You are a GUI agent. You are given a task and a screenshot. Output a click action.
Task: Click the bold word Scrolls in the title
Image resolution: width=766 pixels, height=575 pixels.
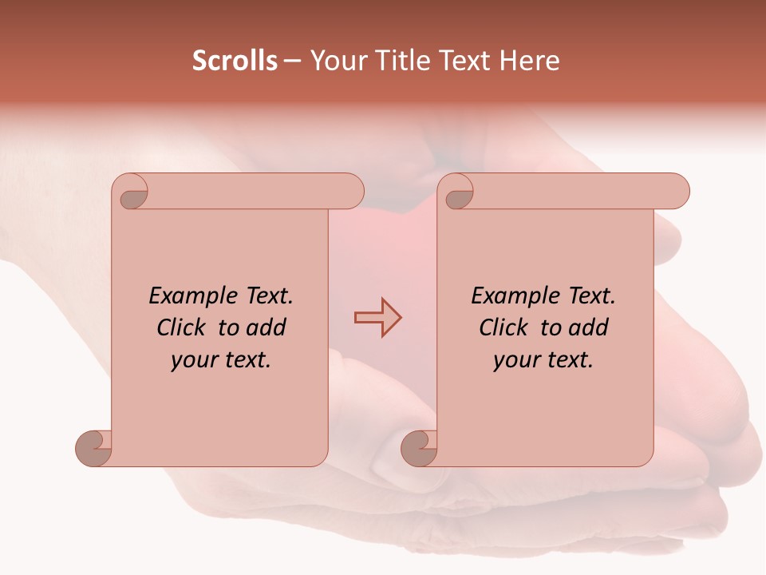(235, 61)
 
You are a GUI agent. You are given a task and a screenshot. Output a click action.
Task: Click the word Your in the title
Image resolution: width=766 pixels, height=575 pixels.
(338, 61)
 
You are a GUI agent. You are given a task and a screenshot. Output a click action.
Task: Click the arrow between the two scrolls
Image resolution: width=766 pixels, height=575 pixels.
(377, 318)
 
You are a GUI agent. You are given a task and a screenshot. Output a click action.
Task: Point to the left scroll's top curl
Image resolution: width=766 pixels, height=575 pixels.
(132, 192)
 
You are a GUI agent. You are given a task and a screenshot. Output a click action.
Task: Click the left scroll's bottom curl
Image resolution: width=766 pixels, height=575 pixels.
(94, 448)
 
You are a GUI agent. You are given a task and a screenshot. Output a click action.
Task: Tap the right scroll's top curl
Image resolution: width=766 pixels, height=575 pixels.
(458, 192)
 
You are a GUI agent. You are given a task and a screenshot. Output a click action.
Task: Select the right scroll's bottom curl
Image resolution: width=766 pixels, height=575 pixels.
(420, 448)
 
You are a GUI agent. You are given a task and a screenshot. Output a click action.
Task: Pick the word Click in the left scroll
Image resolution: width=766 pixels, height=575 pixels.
(184, 328)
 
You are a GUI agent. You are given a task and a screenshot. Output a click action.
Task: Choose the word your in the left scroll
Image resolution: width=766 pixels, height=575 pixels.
(192, 361)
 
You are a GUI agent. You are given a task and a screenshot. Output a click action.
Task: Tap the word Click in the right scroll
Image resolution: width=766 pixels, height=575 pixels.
(506, 328)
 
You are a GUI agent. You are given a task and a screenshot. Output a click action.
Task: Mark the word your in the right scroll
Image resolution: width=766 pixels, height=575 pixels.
(515, 361)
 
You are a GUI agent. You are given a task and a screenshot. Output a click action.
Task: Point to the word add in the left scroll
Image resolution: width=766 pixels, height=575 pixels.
(267, 328)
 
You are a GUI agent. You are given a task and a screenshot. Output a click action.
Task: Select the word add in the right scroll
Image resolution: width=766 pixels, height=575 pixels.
(589, 328)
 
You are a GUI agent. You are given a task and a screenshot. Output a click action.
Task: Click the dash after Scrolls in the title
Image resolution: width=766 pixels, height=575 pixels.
(292, 61)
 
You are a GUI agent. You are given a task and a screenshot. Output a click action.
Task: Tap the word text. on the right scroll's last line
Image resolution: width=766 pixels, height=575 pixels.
(567, 361)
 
